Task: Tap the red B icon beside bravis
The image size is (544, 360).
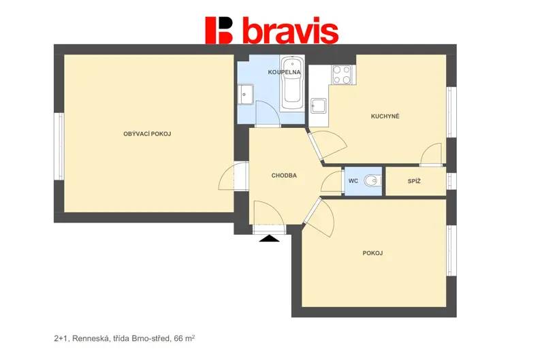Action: click(219, 30)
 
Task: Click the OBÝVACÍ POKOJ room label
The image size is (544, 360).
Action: click(147, 134)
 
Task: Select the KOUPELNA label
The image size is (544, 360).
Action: click(284, 72)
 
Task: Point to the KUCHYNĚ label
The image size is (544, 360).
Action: click(385, 116)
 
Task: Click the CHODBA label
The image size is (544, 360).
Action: click(284, 176)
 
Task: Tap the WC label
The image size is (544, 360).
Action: click(353, 181)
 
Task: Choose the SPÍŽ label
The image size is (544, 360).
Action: click(414, 181)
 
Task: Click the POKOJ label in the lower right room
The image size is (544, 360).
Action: click(372, 253)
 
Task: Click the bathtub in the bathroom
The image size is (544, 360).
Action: click(292, 84)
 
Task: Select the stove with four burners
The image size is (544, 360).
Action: click(342, 75)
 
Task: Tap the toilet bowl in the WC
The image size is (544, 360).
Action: click(372, 180)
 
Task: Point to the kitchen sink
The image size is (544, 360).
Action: click(319, 105)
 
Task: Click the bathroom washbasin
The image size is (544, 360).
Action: click(246, 95)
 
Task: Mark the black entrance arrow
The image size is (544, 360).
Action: click(270, 239)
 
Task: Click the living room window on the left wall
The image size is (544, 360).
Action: click(61, 147)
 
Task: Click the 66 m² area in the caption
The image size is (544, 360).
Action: click(185, 338)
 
